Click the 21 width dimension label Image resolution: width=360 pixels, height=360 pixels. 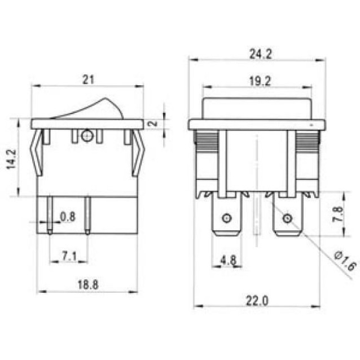tap(87, 79)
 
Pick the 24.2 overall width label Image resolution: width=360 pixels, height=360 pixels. tap(257, 54)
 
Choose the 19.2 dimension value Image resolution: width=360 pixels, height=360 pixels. tap(257, 81)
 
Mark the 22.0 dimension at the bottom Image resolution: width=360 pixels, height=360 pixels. tap(257, 301)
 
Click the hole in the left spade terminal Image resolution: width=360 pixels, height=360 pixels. tap(226, 218)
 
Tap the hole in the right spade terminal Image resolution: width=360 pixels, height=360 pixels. tap(287, 218)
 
